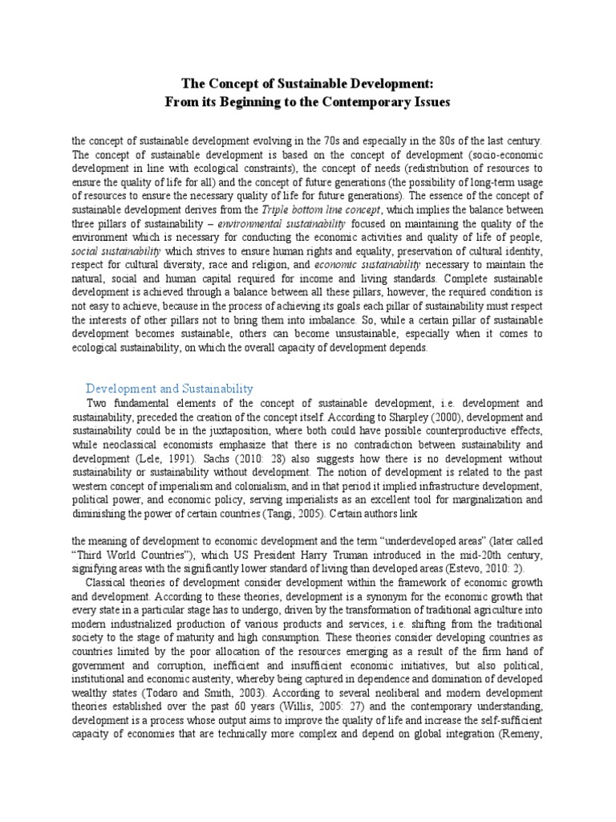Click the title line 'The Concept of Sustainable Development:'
(308, 83)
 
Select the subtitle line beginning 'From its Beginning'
(308, 102)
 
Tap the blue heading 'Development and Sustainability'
(169, 388)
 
